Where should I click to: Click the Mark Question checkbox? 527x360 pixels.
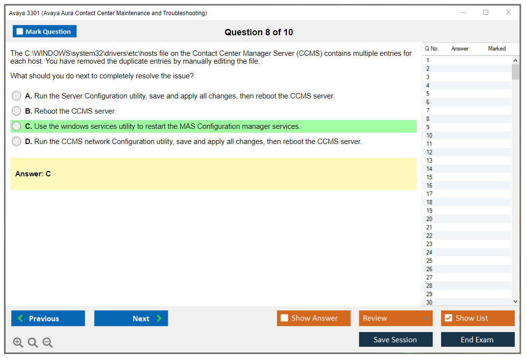[x=20, y=31]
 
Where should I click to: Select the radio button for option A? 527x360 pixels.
[x=17, y=96]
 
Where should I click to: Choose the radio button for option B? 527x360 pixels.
[x=17, y=111]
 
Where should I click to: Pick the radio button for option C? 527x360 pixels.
[x=17, y=126]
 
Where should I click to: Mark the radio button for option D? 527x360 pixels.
[x=17, y=142]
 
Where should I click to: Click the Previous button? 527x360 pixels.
[x=48, y=318]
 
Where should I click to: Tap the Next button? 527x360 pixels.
[x=131, y=318]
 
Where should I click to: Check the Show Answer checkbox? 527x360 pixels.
[x=284, y=318]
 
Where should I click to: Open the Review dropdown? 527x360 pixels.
[x=396, y=318]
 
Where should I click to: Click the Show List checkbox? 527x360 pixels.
[x=449, y=318]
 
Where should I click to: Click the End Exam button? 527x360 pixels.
[x=477, y=339]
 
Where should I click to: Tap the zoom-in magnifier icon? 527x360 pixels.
[x=18, y=342]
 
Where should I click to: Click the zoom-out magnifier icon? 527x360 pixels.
[x=48, y=342]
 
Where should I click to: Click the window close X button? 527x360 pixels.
[x=508, y=12]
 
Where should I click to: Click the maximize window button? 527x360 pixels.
[x=486, y=12]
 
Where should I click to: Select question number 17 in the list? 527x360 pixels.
[x=429, y=194]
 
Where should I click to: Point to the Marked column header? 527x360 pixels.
[x=497, y=48]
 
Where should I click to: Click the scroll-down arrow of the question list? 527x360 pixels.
[x=515, y=302]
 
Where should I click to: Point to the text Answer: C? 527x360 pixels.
[x=33, y=174]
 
